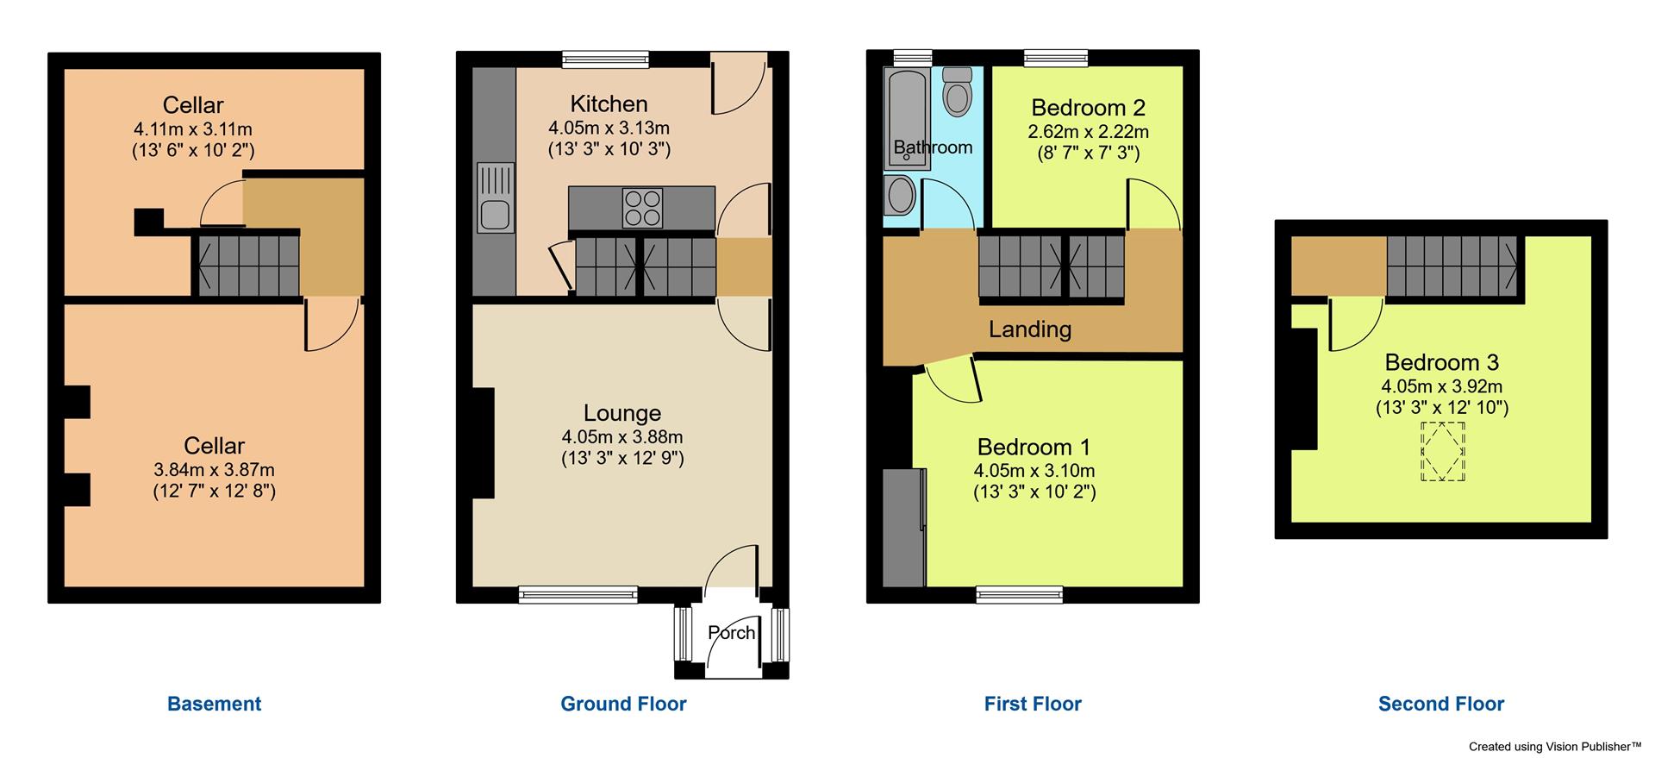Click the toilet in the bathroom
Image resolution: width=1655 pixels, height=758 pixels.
coord(957,93)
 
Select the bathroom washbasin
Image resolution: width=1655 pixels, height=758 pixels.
coord(901,195)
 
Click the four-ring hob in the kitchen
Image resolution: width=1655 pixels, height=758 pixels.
coord(642,208)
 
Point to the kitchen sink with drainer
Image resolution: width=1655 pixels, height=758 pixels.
coord(495,197)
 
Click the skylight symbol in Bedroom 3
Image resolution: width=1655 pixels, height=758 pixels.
coord(1442,451)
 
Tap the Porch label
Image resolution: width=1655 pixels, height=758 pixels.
coord(731,633)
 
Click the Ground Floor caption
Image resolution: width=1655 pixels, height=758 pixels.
coord(623,704)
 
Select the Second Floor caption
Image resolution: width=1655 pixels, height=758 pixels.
coord(1440,704)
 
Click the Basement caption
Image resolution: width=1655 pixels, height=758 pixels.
coord(214,704)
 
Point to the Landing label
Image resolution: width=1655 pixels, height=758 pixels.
coord(1029,329)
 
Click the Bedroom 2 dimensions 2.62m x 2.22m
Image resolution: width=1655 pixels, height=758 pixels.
coord(1088,132)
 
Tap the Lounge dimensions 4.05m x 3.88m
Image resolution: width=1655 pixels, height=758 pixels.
coord(621,437)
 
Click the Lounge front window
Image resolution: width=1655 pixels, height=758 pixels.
coord(578,593)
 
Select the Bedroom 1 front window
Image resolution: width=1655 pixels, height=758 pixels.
coord(1020,594)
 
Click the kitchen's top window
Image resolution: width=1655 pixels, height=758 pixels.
coord(605,59)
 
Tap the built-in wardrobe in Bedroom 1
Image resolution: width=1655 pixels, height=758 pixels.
coord(903,527)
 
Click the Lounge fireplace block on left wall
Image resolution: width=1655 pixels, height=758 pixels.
coord(483,443)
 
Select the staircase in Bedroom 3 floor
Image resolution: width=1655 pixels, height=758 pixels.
coord(1452,266)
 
